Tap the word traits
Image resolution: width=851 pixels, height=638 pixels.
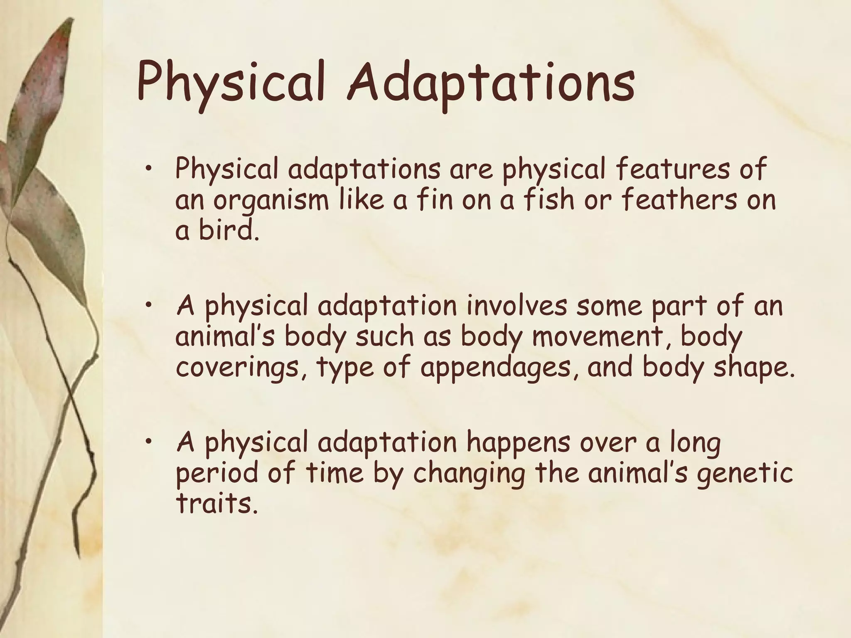pos(214,503)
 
